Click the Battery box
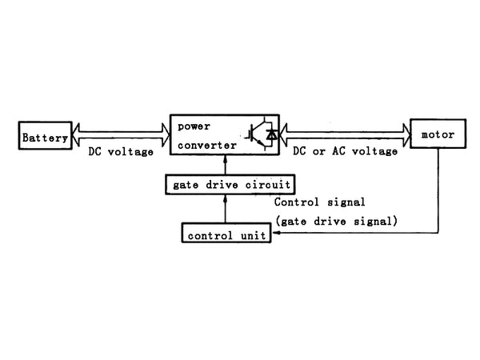[x=45, y=137]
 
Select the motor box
[x=437, y=134]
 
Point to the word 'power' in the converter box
[x=193, y=126]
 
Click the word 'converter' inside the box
[x=206, y=145]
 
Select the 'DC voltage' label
[x=119, y=151]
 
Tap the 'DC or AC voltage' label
[x=345, y=151]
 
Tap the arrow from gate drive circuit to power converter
[x=226, y=166]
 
